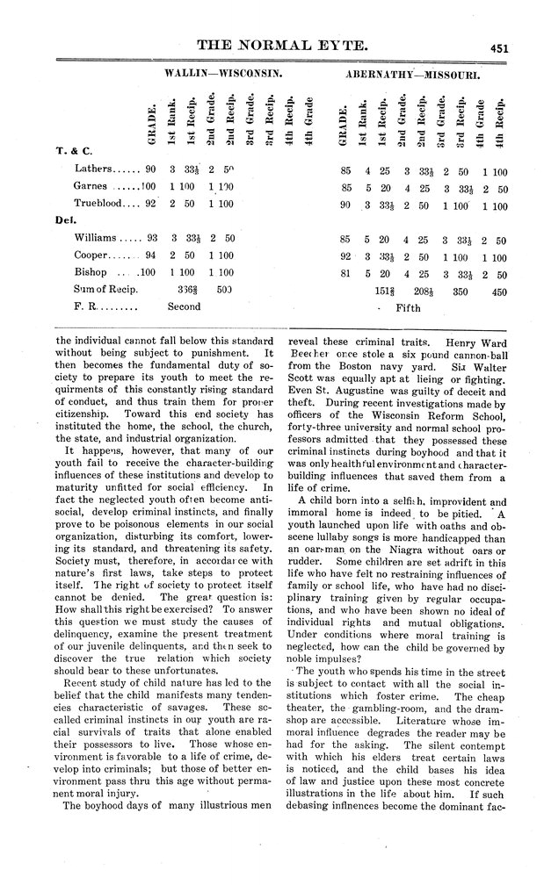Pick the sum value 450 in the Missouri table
click(x=498, y=291)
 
